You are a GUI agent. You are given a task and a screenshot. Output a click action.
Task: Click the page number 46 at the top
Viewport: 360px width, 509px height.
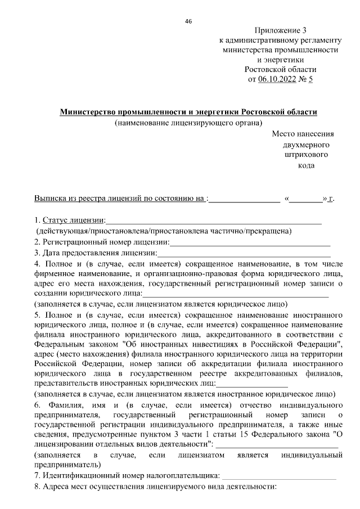(188, 21)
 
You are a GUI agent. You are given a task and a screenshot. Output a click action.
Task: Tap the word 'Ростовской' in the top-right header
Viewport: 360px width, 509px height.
(268, 69)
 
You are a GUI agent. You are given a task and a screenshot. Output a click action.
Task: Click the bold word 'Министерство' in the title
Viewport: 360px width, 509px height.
(88, 112)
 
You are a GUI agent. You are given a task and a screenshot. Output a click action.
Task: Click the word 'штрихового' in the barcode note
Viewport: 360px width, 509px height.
(307, 155)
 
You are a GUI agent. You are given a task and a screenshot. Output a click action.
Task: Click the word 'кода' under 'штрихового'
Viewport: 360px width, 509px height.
(306, 165)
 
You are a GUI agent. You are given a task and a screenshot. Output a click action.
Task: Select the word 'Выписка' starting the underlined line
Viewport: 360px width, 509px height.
(49, 199)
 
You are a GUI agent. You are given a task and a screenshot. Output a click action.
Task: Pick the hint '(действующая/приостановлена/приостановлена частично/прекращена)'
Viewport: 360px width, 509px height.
(163, 231)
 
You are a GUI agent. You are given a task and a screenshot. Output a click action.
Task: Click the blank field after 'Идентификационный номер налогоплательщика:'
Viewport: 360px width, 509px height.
(280, 477)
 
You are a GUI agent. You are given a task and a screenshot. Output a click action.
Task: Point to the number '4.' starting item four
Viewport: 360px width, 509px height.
(37, 263)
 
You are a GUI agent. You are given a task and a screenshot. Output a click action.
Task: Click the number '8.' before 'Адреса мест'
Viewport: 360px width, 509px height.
(37, 487)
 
